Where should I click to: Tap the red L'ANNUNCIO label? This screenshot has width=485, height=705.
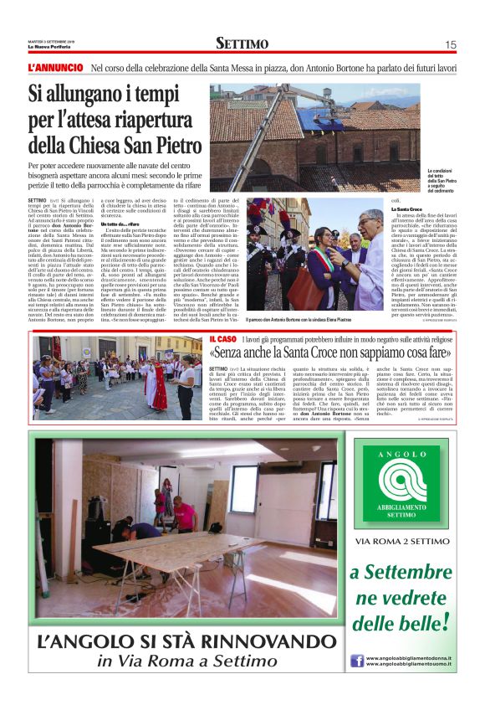[55, 67]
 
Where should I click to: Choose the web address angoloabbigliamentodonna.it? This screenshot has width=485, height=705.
[411, 656]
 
